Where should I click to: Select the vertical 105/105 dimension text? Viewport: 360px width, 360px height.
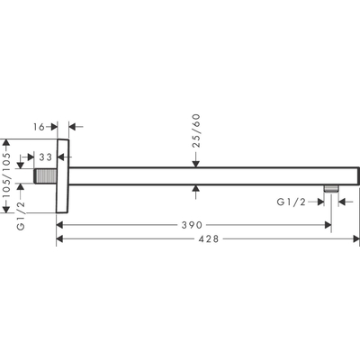coord(8,174)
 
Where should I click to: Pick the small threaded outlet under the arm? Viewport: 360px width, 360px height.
coord(331,188)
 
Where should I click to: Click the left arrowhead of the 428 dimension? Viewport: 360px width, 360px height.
coord(60,238)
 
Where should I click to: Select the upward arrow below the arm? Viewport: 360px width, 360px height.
coord(196,188)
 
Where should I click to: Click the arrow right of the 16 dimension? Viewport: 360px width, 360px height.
coord(73,129)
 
